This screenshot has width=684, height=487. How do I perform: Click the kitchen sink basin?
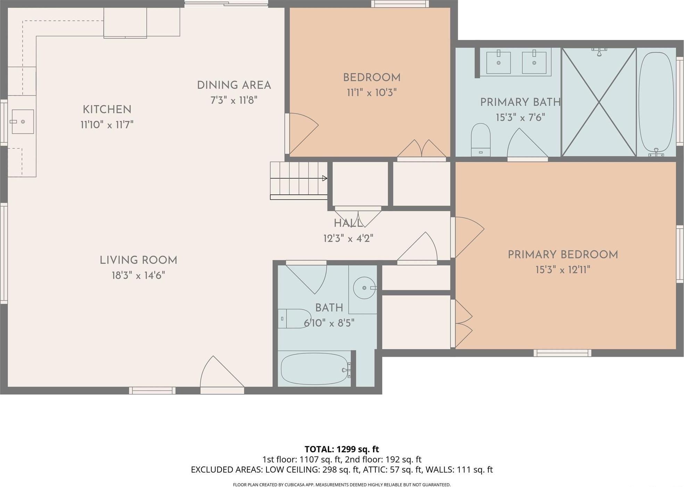click(23, 122)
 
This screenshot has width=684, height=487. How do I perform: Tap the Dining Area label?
click(234, 85)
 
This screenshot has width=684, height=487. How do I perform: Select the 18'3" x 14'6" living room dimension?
click(138, 275)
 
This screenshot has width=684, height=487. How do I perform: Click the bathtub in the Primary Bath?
click(656, 102)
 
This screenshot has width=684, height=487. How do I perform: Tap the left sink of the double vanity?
click(498, 63)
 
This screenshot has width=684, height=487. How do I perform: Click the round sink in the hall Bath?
click(364, 288)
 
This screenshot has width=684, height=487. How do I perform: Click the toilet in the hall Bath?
click(295, 319)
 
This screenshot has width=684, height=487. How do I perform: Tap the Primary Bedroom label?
click(563, 255)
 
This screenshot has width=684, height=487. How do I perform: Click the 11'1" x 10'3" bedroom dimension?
click(372, 93)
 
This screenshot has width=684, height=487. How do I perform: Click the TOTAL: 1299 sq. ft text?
click(341, 449)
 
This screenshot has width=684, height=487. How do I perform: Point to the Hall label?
click(348, 223)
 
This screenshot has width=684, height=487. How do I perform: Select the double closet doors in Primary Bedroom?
click(463, 324)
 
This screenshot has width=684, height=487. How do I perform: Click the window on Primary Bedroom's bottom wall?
click(562, 353)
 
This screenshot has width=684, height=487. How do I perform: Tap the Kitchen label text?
click(107, 109)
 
